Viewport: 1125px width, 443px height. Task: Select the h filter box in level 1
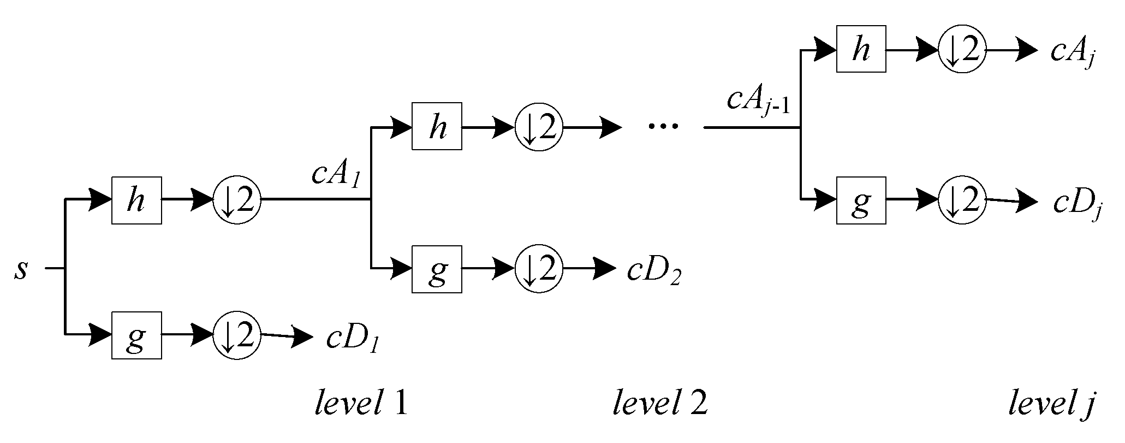[136, 200]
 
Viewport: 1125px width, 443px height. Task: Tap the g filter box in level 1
[136, 335]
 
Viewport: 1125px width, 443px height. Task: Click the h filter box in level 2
[437, 126]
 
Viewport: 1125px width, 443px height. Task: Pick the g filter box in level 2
[437, 269]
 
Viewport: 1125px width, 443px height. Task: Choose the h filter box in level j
[861, 49]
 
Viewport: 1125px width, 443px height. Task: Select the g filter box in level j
[861, 200]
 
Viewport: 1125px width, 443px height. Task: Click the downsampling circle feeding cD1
[237, 335]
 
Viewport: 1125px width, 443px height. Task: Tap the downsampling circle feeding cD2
[539, 269]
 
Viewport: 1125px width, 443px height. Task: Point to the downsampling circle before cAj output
[962, 50]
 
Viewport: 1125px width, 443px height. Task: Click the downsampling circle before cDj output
[962, 201]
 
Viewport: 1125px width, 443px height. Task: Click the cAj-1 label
[758, 102]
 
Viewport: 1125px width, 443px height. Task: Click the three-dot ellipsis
[663, 127]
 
